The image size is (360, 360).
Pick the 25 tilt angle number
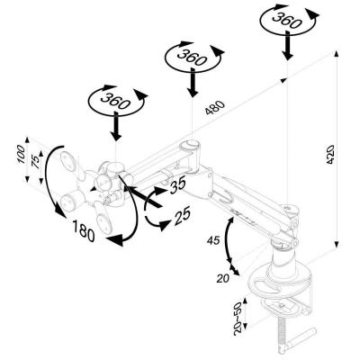(184, 217)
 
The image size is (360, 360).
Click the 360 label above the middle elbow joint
(191, 56)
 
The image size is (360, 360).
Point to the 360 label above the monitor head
(115, 102)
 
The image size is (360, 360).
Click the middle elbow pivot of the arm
(190, 146)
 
